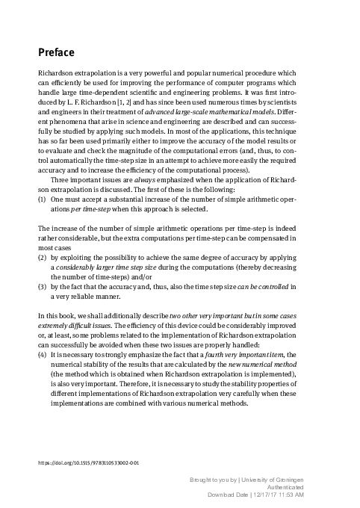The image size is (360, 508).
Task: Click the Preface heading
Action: [60, 52]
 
